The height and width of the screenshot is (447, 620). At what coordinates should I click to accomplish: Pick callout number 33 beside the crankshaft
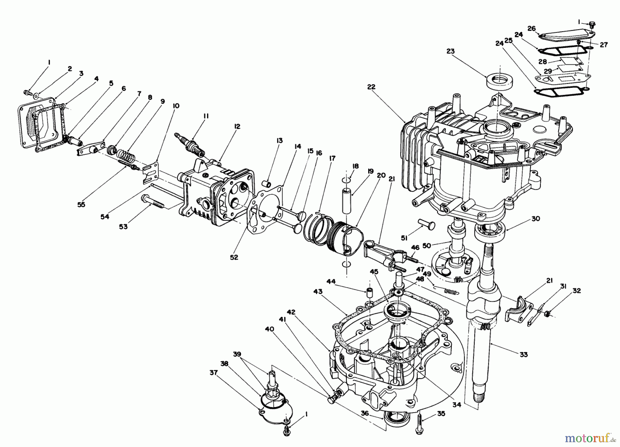pos(524,354)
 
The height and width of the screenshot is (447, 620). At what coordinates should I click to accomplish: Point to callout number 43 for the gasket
pos(318,292)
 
